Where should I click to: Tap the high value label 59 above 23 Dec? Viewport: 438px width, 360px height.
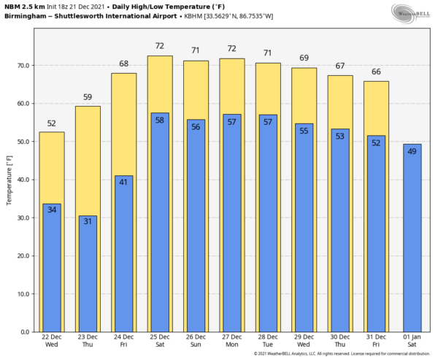point(88,97)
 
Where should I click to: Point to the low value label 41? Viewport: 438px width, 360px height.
point(124,183)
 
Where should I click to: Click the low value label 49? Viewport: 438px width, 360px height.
point(412,151)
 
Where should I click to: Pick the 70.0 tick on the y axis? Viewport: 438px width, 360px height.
point(23,66)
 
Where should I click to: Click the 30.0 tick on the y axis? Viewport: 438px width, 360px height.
point(23,218)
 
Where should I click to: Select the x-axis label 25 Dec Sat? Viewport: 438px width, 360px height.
point(160,340)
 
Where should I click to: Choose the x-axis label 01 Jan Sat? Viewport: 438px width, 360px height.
point(412,340)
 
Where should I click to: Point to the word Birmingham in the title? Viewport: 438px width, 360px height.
point(24,15)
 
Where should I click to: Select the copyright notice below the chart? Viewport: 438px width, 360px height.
point(342,354)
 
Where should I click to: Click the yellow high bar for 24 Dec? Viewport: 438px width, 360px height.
point(124,124)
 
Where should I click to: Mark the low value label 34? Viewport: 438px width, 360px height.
point(52,210)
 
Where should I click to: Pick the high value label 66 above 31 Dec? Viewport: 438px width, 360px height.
point(376,72)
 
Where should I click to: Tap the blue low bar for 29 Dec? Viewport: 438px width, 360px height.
point(304,234)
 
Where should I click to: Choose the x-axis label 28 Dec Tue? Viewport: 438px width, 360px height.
point(268,340)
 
